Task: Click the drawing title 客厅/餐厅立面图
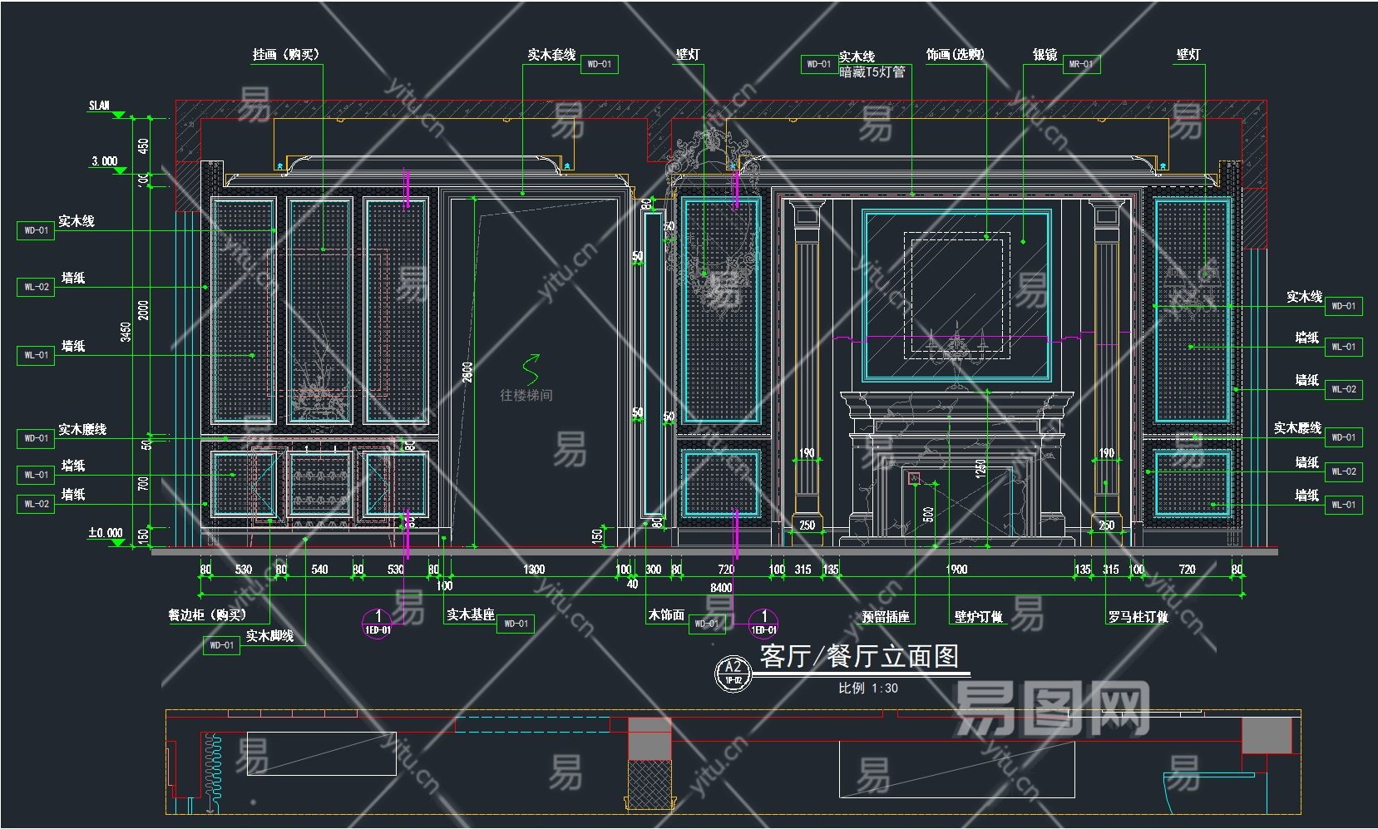click(860, 656)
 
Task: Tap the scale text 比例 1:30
click(868, 688)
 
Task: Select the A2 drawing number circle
click(733, 672)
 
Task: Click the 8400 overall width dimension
click(721, 588)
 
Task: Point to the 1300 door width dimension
click(534, 570)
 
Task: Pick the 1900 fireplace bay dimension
click(956, 570)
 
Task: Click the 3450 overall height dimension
click(126, 332)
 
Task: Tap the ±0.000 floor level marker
click(106, 533)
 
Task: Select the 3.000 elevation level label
click(105, 161)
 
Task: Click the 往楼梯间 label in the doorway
click(526, 395)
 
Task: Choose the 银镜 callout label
click(1045, 55)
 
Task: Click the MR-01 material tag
click(1081, 64)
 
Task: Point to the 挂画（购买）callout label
click(286, 55)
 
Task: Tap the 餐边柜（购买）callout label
click(208, 615)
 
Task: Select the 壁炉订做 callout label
click(978, 617)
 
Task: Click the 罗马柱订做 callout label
click(1138, 617)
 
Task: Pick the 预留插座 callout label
click(886, 617)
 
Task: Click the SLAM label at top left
click(99, 106)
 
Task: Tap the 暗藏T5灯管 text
click(872, 72)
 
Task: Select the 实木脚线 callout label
click(269, 636)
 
